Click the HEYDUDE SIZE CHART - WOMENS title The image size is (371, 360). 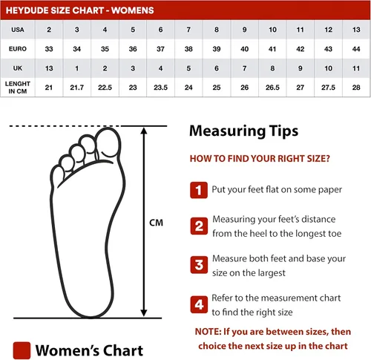coord(79,10)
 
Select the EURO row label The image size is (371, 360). coord(18,49)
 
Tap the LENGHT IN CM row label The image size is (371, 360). coord(18,88)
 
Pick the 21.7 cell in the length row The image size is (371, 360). coord(76,88)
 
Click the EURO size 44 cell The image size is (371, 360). coord(355,49)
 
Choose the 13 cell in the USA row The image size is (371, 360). coord(355,30)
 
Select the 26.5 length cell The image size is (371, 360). coord(272,88)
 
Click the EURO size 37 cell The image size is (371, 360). coord(160,49)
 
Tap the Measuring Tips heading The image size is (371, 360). coord(244,131)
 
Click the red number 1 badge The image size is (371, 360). coord(198,190)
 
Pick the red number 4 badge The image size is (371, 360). coord(198,304)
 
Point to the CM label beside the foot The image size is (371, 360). coord(156,223)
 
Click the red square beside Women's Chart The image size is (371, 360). coord(22,349)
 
